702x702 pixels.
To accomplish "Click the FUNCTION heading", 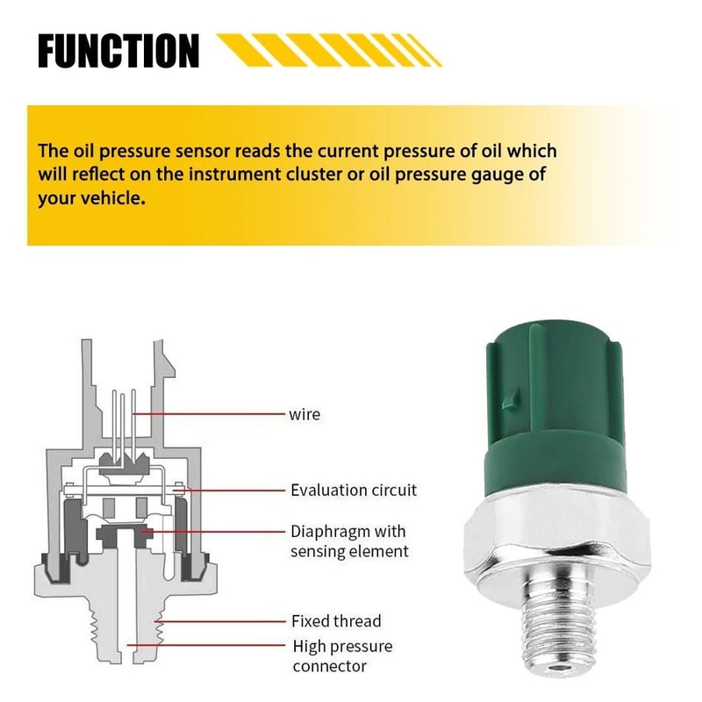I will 118,51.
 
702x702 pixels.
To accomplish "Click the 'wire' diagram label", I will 304,412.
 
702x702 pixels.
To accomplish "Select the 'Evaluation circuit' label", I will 354,490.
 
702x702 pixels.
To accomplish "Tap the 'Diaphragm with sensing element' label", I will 349,541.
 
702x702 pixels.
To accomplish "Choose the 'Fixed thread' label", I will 336,620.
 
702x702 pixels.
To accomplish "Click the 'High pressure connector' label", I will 341,657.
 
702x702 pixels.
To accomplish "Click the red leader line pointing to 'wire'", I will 211,412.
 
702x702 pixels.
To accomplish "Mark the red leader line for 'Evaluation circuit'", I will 233,490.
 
